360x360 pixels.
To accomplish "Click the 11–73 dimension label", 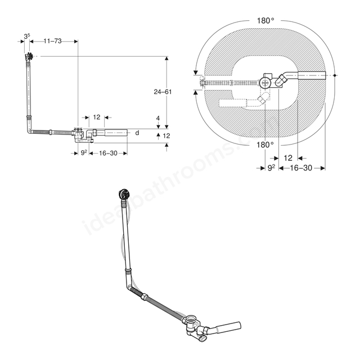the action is [x=52, y=41].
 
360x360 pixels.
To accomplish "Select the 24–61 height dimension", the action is [x=163, y=92].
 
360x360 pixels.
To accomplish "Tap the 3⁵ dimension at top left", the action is [x=27, y=36].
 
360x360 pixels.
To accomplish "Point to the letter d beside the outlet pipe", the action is [x=137, y=133].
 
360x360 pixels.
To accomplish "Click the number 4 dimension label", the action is [x=158, y=118].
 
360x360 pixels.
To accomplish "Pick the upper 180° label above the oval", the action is [x=265, y=21].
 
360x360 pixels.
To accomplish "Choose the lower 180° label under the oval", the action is [x=265, y=145].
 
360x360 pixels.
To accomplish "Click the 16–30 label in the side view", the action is [x=108, y=153].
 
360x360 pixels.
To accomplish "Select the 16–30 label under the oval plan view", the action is [x=301, y=168].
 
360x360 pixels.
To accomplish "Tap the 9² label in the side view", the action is [x=84, y=153].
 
